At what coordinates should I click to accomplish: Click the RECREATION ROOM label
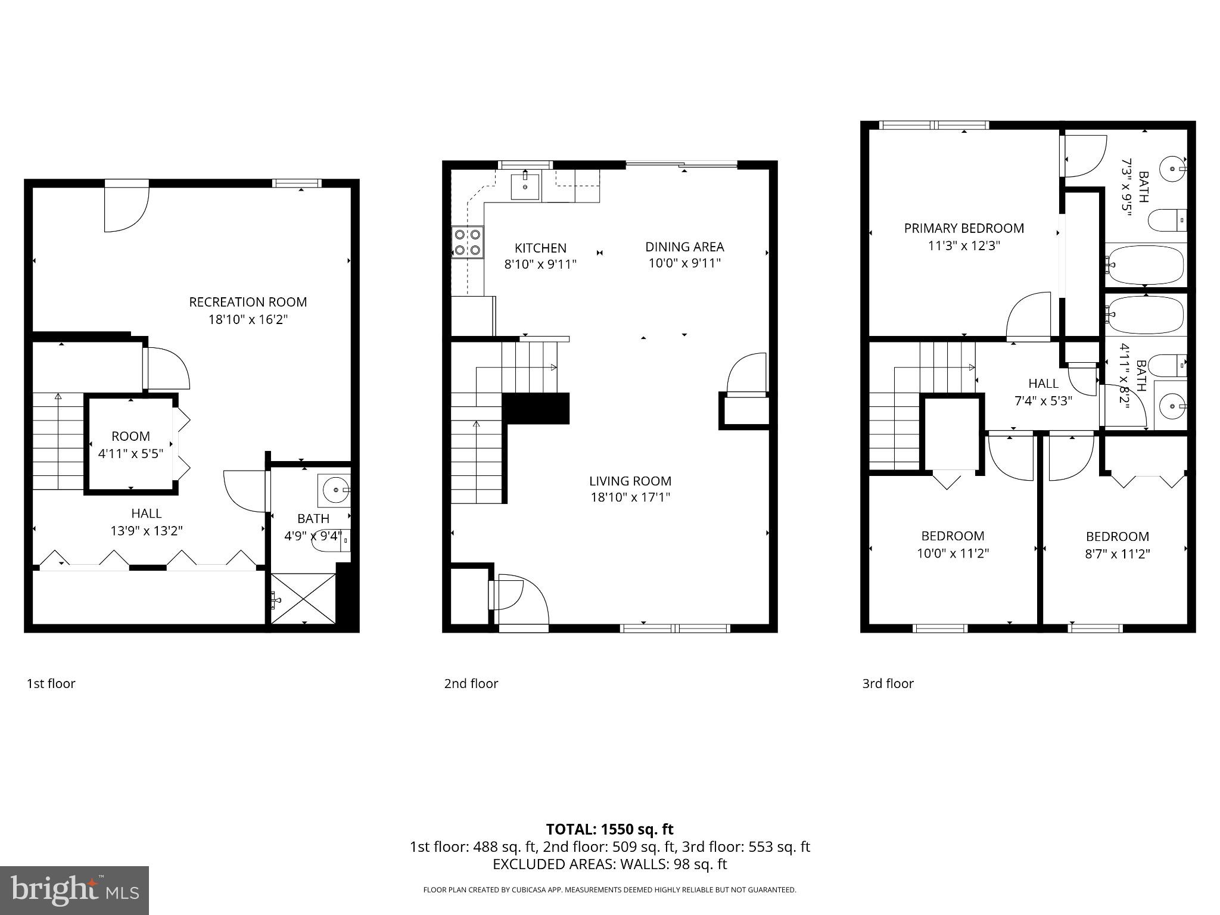point(248,302)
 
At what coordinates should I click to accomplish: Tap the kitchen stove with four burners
point(468,242)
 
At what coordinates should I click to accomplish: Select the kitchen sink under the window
point(525,186)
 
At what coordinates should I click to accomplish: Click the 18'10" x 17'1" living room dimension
point(630,497)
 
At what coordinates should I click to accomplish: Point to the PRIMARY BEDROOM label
point(964,228)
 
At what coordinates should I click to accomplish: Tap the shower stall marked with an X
point(304,599)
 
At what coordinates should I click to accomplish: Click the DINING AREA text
point(684,247)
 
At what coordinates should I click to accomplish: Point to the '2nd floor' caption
point(471,683)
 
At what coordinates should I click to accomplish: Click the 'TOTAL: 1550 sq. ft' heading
point(609,829)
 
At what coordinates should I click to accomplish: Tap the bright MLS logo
point(74,891)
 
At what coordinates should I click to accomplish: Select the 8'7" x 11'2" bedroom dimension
point(1117,553)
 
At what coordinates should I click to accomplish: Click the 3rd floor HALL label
point(1043,384)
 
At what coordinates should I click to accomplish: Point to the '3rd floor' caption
point(888,683)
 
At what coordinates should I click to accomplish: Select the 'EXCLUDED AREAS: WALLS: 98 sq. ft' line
point(609,864)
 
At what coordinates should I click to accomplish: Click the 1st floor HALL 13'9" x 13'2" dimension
point(146,531)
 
